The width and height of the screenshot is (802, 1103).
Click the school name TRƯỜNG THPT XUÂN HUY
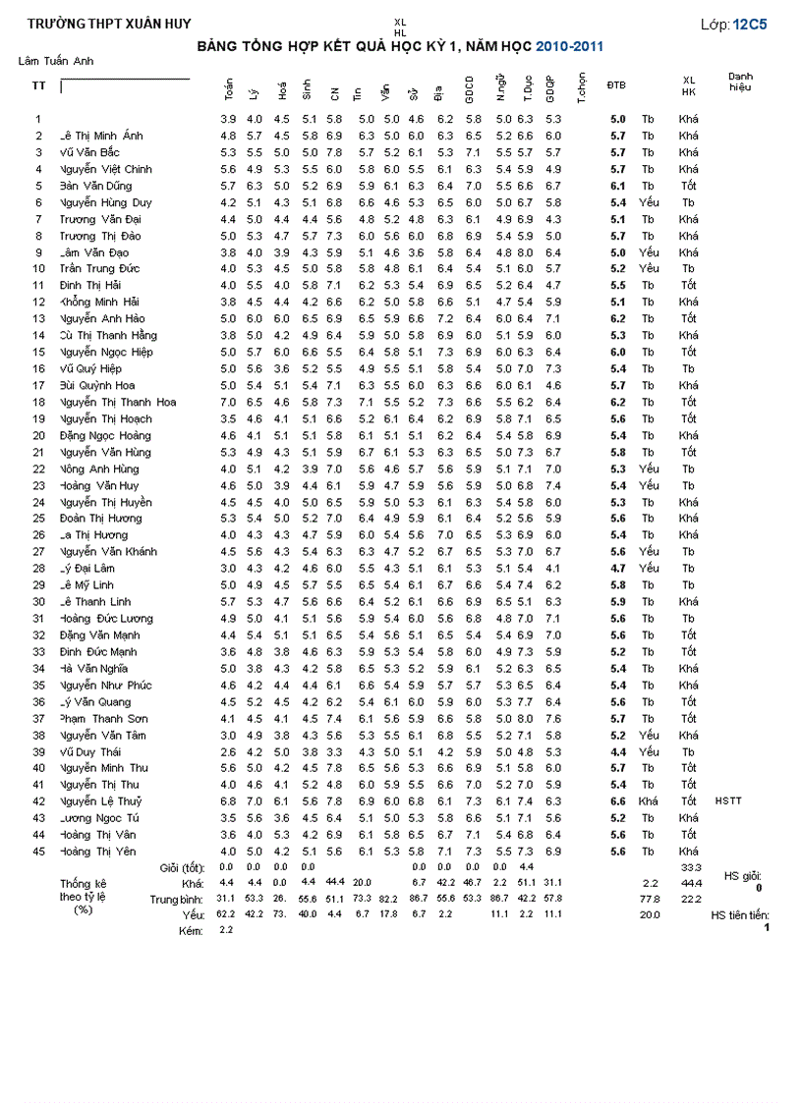click(95, 24)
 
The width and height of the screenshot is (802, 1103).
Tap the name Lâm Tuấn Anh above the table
click(56, 61)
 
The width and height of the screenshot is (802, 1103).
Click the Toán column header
click(228, 89)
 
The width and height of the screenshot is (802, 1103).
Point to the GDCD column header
click(471, 89)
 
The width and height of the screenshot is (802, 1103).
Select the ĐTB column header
click(616, 85)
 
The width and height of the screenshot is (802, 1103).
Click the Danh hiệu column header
click(741, 82)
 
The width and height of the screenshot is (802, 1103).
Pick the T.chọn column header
click(582, 88)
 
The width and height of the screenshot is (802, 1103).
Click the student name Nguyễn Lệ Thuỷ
click(101, 801)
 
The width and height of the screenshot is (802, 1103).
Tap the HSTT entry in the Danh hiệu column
click(728, 801)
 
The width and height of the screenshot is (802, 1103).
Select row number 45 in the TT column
click(39, 852)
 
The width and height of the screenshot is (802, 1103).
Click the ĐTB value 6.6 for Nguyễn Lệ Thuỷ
click(617, 801)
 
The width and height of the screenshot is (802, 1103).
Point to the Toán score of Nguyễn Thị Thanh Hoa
click(228, 403)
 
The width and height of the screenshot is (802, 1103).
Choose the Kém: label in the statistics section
click(192, 930)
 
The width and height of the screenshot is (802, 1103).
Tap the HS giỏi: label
click(742, 875)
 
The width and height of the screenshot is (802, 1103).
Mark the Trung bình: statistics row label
click(177, 899)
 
